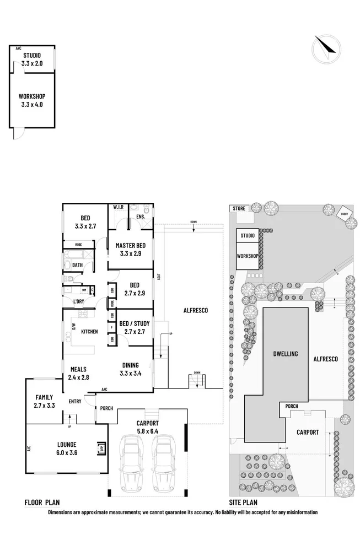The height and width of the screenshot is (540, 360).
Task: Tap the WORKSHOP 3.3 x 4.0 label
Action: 31,99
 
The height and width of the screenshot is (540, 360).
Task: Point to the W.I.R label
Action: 118,207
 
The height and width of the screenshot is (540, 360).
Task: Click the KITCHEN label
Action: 89,332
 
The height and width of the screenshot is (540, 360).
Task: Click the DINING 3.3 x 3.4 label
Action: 130,369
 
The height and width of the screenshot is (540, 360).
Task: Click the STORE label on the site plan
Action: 239,208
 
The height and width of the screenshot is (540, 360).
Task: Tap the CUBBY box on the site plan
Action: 345,214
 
